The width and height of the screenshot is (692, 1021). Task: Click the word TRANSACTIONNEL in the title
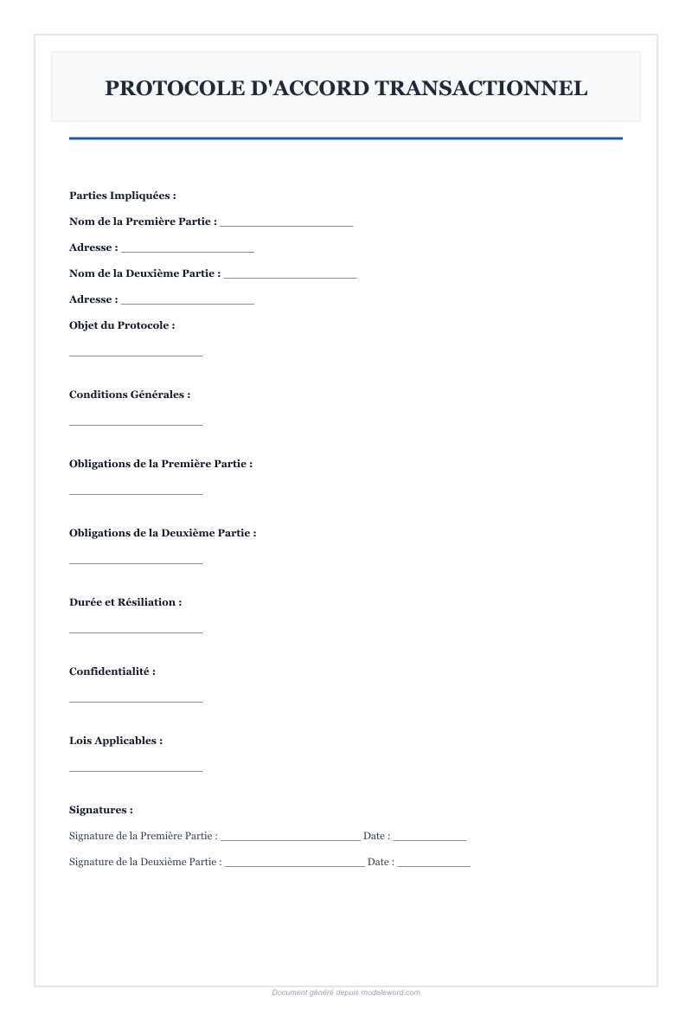tap(481, 87)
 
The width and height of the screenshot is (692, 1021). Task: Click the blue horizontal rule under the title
tap(346, 138)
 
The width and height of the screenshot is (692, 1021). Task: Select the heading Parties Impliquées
tap(122, 196)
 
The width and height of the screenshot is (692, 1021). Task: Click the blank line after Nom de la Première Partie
tap(286, 224)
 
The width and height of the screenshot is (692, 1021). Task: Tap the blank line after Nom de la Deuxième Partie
tap(291, 276)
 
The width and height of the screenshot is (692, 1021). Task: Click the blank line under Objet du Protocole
tap(136, 354)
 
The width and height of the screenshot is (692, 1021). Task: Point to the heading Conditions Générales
tap(130, 395)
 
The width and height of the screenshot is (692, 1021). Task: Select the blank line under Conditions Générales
tap(136, 423)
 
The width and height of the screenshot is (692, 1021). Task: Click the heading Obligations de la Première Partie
tap(161, 464)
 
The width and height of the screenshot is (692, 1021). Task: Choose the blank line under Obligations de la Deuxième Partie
tap(136, 562)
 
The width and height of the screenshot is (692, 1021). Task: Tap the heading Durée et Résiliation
tap(125, 602)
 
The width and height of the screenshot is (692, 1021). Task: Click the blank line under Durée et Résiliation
tap(136, 631)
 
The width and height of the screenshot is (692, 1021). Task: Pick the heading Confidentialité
tap(112, 671)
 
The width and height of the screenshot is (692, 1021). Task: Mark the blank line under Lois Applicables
tap(136, 769)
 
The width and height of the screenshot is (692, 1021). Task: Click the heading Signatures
tap(101, 810)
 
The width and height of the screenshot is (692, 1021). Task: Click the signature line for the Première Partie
tap(291, 838)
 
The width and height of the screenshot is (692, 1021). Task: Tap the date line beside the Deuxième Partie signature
tap(434, 864)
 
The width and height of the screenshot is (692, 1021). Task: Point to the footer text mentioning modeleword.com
tap(346, 992)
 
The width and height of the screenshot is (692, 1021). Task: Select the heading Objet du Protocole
tap(122, 325)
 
